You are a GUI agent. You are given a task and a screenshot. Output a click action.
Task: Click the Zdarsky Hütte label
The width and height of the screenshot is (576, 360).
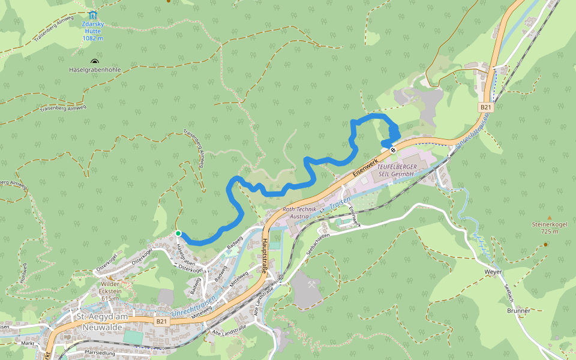coord(92,31)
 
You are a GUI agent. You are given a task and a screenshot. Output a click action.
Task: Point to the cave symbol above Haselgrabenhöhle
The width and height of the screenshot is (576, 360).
coord(94,61)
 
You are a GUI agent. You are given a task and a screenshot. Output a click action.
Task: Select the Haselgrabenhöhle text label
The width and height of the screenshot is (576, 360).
coord(95,70)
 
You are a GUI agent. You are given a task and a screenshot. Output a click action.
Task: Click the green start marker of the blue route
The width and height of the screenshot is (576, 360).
coord(178,233)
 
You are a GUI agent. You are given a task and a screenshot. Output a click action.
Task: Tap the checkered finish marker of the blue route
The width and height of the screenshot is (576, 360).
coord(393,149)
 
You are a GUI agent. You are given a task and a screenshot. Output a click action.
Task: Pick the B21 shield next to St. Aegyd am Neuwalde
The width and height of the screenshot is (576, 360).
coord(161,322)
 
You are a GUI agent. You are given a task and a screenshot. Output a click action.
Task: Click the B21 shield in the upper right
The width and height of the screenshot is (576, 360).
coord(486,107)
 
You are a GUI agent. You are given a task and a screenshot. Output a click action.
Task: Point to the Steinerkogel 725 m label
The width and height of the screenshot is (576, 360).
coord(549,227)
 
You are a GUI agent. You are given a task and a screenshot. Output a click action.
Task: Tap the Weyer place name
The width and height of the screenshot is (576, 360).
coord(493,272)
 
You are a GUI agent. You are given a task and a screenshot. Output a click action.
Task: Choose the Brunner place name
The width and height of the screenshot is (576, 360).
coord(518,311)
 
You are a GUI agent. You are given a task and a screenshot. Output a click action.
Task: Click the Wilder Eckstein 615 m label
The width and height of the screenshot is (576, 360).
coord(110,291)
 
